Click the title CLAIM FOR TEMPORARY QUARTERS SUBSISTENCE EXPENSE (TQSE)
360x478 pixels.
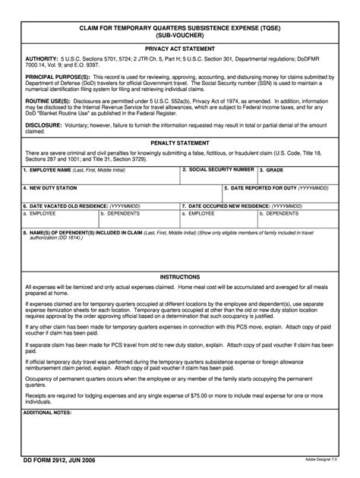(181, 25)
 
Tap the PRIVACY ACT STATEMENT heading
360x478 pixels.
(181, 49)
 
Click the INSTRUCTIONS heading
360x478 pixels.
(181, 278)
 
